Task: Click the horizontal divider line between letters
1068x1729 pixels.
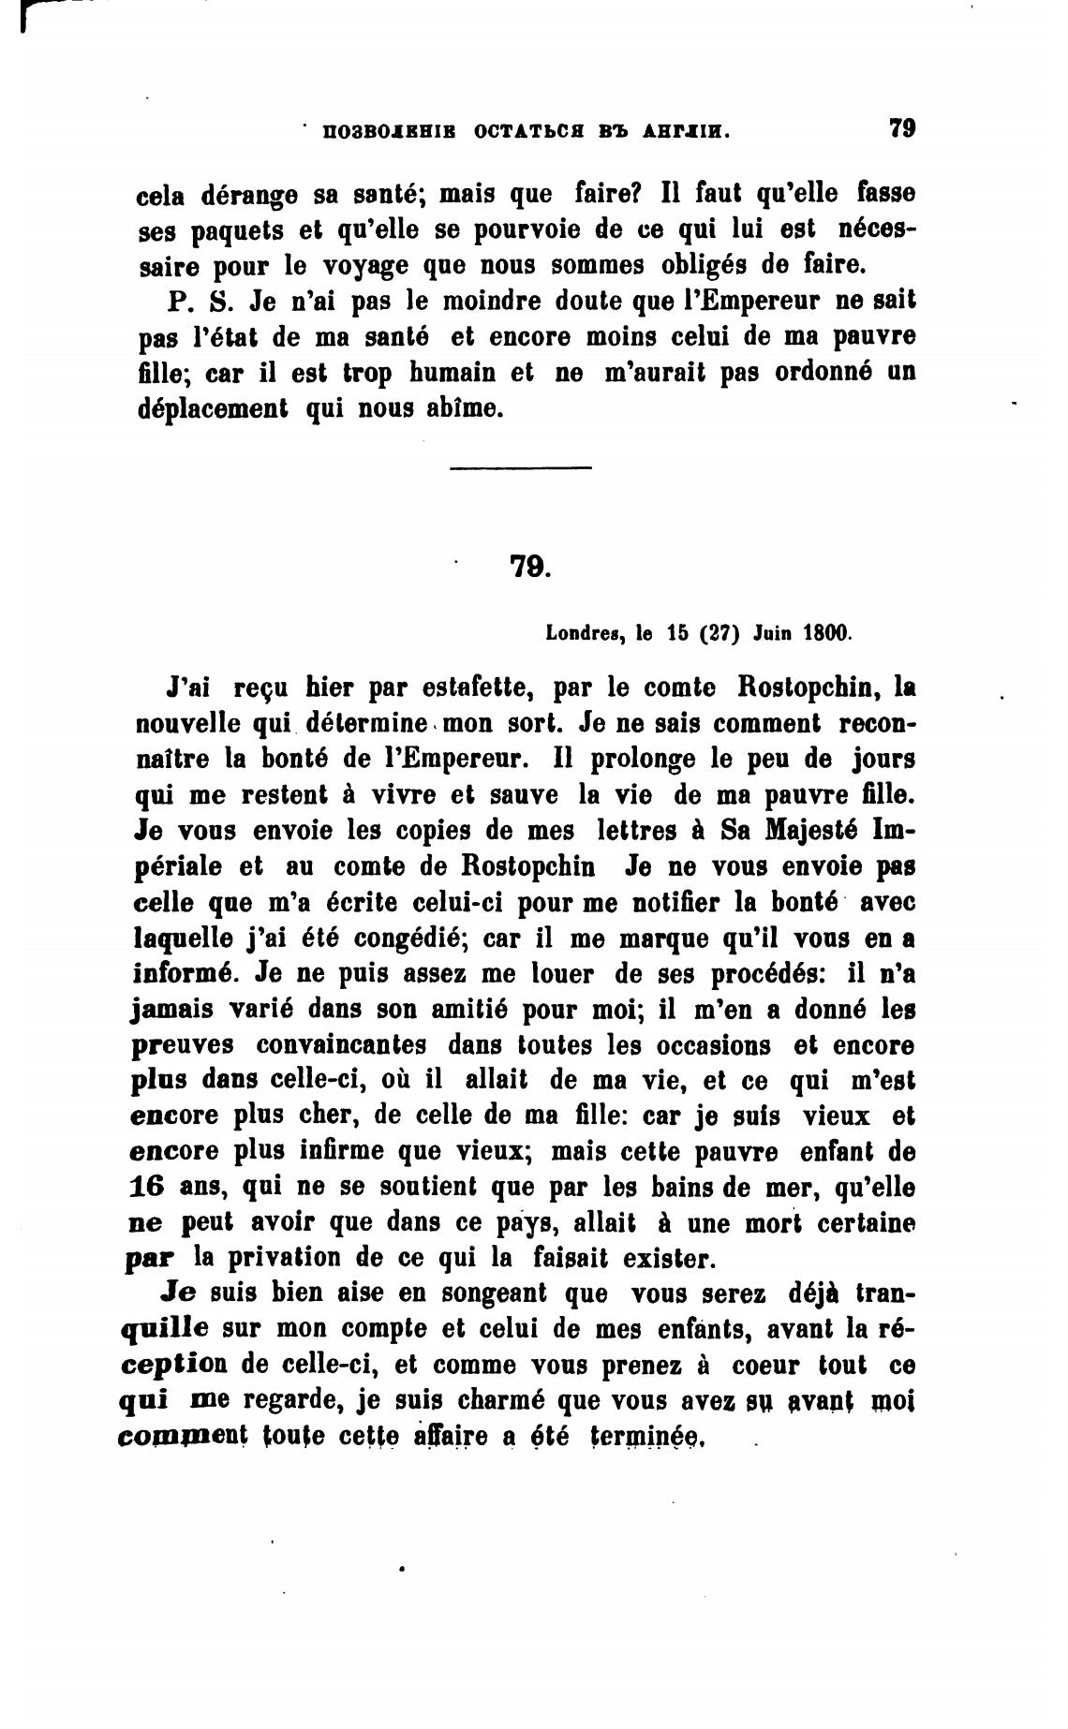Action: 521,467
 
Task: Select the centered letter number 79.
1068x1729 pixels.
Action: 530,567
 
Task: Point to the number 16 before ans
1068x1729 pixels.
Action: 145,1187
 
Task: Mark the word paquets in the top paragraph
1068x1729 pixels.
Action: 234,230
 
